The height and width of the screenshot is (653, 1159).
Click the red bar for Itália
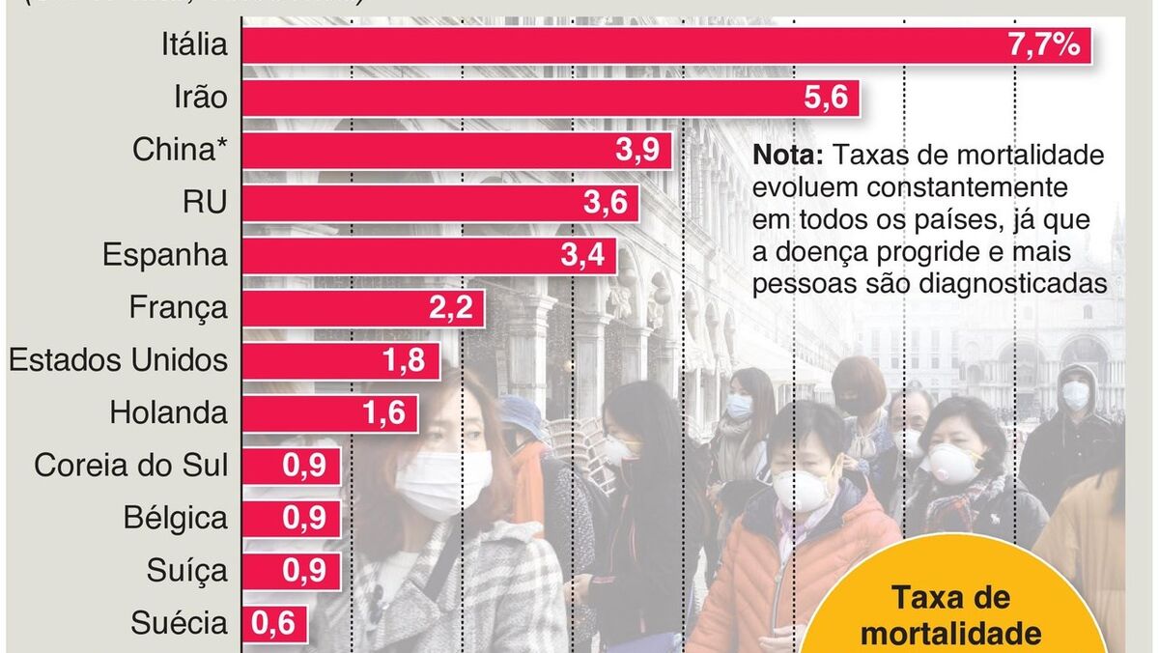pos(666,45)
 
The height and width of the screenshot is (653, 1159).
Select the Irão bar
pos(551,98)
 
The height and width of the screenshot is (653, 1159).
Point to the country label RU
pos(205,204)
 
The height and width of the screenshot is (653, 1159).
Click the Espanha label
pos(165,256)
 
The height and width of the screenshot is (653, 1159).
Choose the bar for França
pos(362,308)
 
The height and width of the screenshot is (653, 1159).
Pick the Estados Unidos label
pos(118,360)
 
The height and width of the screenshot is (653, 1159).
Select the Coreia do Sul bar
pos(291,466)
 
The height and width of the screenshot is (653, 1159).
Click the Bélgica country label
pos(176,518)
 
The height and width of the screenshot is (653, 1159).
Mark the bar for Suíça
pos(291,571)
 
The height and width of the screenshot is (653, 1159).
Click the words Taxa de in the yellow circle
pos(950,598)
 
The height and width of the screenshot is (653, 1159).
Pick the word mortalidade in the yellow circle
pos(950,634)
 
